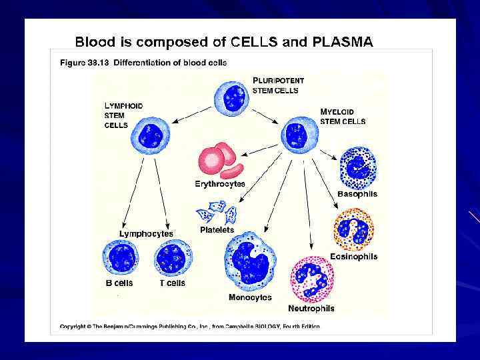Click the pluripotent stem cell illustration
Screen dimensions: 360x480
(233, 97)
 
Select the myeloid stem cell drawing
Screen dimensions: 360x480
(296, 135)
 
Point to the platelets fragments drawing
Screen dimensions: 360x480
(217, 215)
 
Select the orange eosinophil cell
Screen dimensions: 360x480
(353, 229)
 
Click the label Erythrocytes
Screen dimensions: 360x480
(220, 184)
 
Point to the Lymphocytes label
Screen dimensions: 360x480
(146, 234)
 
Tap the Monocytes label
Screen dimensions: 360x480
(250, 297)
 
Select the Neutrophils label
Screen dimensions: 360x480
(311, 309)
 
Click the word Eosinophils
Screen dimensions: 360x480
(353, 257)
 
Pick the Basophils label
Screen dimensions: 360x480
(357, 195)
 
